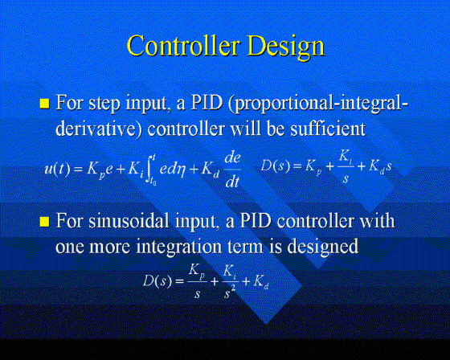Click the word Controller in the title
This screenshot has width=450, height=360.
point(183,46)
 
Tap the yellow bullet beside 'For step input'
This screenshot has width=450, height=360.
point(44,104)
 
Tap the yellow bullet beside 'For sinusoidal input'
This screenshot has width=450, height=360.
point(44,222)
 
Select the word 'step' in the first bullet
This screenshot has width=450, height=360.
point(104,104)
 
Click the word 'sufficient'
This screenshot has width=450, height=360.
point(328,129)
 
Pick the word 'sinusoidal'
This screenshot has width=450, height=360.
point(129,221)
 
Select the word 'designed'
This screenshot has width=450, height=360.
point(323,247)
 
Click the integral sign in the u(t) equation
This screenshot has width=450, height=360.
point(150,170)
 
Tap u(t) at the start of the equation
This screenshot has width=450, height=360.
point(57,168)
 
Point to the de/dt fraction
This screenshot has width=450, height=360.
point(232,170)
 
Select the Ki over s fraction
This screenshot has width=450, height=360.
point(345,167)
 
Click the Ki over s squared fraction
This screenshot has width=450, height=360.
point(230,281)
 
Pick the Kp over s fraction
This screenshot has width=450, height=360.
point(197,281)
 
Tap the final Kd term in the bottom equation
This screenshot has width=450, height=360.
point(261,281)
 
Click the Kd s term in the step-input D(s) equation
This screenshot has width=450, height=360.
point(379,166)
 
